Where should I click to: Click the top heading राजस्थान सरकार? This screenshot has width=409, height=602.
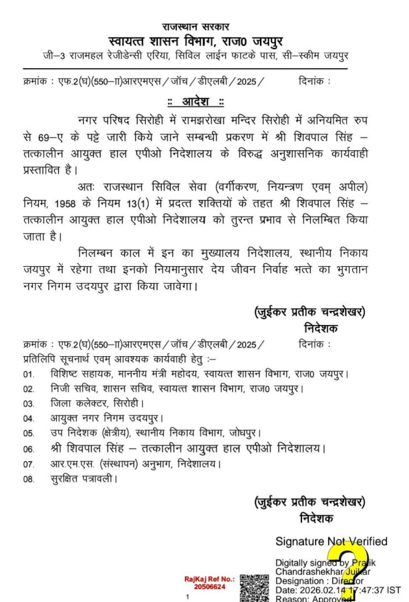pos(196,27)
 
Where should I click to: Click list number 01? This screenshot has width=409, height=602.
pos(28,375)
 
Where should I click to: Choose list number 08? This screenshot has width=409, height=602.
pos(28,479)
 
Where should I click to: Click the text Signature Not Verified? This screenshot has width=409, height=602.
pos(331,541)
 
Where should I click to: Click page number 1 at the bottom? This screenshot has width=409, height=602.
pos(187,597)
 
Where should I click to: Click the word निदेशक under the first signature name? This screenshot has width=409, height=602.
pos(321,328)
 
